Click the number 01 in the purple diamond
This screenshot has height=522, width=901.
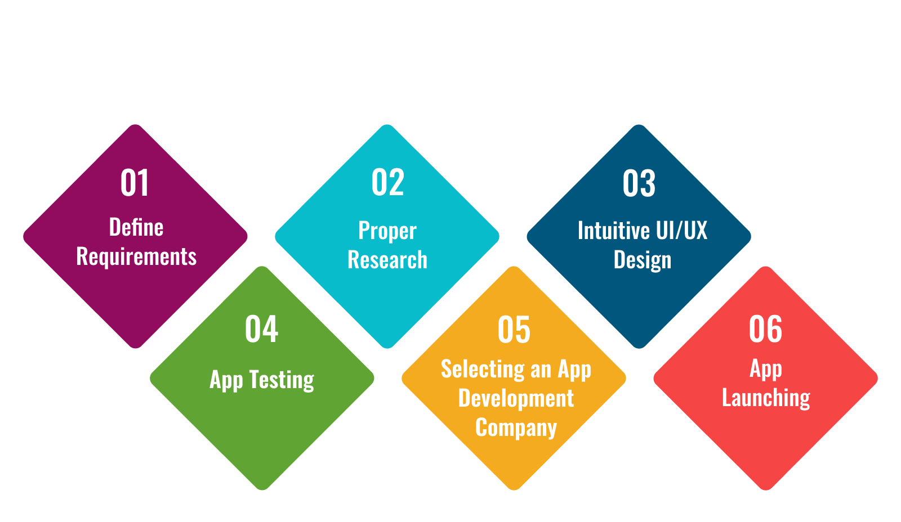point(135,182)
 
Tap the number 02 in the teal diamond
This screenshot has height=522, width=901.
point(387,182)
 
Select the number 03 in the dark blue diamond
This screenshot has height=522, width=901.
point(639,183)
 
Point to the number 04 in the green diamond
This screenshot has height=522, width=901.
point(261,329)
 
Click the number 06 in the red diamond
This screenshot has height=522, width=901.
point(765,329)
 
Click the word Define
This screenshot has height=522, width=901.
point(136,227)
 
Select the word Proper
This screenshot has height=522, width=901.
point(387,231)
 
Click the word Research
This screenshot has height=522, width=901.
point(387,259)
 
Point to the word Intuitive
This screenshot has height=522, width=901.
point(614,230)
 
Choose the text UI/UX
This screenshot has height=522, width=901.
point(681,230)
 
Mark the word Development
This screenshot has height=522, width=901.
point(516,399)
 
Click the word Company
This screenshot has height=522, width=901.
point(516,427)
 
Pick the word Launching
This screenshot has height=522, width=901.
point(766,398)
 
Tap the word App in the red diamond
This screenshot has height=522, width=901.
point(766,369)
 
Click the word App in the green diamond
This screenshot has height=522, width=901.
point(226,380)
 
